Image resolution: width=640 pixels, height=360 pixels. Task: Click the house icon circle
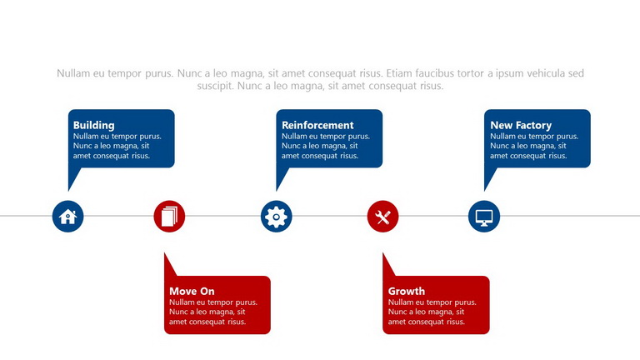[67, 217]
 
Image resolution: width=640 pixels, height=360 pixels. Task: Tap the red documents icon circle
[169, 217]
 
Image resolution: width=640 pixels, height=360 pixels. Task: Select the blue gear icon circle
[277, 217]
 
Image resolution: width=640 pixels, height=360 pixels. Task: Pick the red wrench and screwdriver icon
[382, 217]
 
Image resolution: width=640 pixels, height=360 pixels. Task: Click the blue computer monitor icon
[484, 217]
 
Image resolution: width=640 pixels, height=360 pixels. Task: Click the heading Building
[94, 125]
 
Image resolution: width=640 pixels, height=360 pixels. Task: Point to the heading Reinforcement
[317, 125]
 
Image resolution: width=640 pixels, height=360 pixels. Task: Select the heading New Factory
[521, 125]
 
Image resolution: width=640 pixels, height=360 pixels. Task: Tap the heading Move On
[192, 291]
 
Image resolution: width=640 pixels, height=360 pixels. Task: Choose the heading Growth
[407, 291]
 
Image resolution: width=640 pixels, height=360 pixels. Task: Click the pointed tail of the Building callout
[68, 190]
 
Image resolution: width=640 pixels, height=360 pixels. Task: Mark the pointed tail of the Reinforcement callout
[277, 190]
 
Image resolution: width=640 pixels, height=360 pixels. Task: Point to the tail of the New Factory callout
[485, 190]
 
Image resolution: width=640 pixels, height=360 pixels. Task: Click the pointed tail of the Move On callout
[165, 253]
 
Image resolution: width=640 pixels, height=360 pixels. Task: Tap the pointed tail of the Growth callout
[383, 253]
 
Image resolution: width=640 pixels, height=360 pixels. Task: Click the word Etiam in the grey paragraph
[399, 73]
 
